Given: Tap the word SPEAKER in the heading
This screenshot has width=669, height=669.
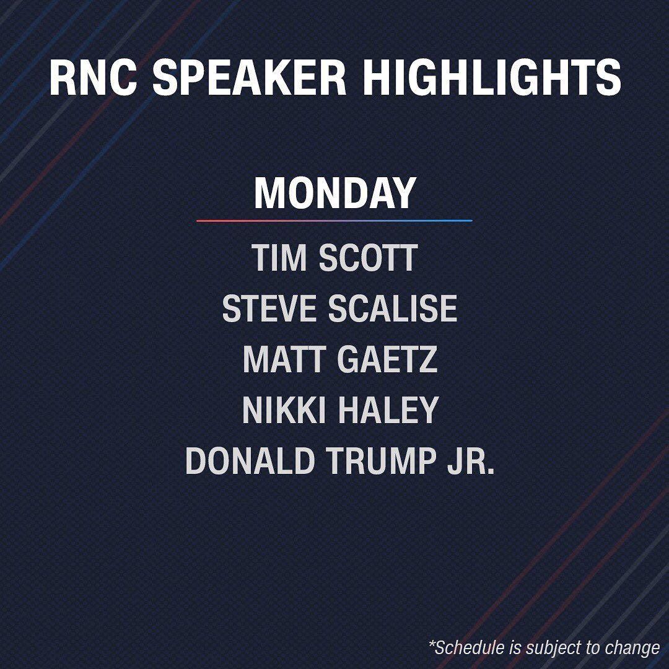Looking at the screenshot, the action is (x=249, y=77).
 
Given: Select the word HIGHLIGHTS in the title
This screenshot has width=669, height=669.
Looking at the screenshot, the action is (x=491, y=77).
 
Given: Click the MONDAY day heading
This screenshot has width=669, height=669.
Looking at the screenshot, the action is (x=335, y=193).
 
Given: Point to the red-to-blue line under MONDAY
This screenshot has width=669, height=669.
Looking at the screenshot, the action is (x=334, y=221).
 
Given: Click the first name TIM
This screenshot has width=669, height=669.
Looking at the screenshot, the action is (x=279, y=258).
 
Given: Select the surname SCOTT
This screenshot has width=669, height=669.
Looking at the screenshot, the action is (x=368, y=258).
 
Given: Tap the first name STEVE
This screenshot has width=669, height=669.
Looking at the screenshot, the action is (x=269, y=308).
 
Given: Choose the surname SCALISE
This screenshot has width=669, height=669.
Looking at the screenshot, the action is (x=393, y=308).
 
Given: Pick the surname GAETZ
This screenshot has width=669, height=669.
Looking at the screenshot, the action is (x=387, y=359).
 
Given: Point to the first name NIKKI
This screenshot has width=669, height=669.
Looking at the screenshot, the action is (x=284, y=409).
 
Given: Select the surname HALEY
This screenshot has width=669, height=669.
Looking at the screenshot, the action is (x=388, y=409).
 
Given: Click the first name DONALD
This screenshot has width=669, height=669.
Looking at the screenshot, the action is (x=250, y=460).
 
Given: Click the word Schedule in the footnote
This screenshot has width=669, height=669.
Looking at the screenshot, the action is (x=470, y=647).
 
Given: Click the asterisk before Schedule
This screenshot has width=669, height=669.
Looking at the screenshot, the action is (x=432, y=642).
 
